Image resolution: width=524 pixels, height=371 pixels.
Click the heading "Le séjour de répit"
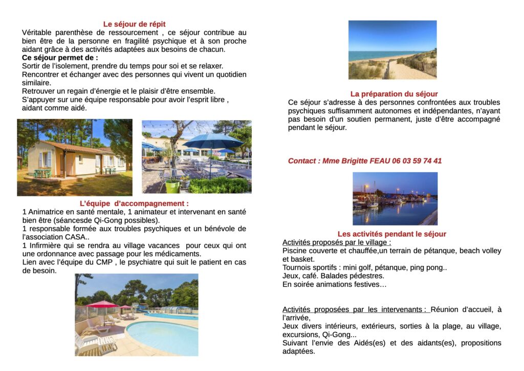click(x=134, y=24)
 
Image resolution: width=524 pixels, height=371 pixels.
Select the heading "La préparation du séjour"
click(x=394, y=94)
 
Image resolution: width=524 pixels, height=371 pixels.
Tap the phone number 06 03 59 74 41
click(x=417, y=161)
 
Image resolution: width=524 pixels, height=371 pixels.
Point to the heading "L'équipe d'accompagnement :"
click(x=134, y=203)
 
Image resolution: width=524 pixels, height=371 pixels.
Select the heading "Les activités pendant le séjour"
click(x=391, y=234)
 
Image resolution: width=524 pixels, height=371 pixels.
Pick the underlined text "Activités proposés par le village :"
click(x=336, y=242)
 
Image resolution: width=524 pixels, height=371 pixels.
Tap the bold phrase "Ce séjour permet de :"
click(x=60, y=57)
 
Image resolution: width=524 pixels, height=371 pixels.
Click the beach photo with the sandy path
click(x=392, y=50)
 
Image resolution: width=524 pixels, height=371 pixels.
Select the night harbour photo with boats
click(x=395, y=199)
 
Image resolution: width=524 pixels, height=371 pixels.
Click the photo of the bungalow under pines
click(x=74, y=157)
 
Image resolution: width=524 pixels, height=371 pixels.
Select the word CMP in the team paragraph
click(x=100, y=262)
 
